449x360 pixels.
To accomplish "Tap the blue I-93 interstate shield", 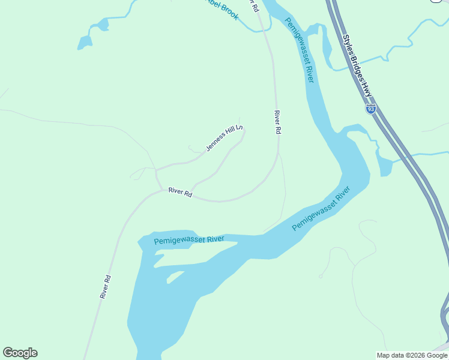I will tap(371, 109).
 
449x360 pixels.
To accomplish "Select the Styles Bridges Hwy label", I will tap(358, 67).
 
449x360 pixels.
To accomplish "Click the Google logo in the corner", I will tap(20, 353).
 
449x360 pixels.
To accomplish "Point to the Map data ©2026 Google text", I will tap(412, 355).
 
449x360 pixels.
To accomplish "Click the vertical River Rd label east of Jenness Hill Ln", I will tap(277, 122).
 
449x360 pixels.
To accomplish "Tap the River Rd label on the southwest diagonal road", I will tap(106, 287).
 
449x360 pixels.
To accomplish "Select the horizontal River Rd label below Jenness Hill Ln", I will tap(180, 193).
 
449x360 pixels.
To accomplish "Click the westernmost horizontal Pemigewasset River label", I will tap(189, 240).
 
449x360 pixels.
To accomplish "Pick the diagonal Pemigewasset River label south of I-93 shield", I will tap(321, 209).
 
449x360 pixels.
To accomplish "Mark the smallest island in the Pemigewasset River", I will tap(175, 277).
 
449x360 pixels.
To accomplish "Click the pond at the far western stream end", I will tap(85, 43).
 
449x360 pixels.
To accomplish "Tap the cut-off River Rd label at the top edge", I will tap(255, 6).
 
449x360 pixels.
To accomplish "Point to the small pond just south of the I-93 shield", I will tap(384, 164).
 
